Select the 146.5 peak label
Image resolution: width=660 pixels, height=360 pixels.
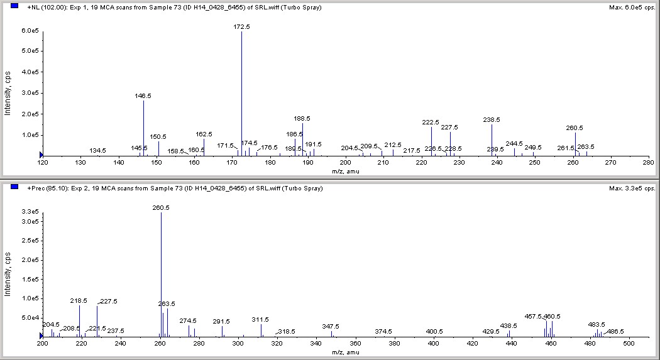click(143, 96)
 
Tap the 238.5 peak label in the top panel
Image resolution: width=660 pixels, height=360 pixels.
click(492, 119)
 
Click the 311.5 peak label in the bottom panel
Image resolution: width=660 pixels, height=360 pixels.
click(260, 320)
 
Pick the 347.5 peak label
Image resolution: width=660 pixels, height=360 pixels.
click(331, 327)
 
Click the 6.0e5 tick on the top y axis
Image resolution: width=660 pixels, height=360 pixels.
click(31, 31)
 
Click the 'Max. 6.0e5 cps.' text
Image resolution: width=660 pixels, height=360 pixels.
click(632, 8)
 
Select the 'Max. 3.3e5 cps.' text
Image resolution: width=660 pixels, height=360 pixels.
click(632, 188)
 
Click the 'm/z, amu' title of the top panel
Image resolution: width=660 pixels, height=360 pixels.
click(345, 171)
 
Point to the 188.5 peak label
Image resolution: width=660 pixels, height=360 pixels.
click(302, 118)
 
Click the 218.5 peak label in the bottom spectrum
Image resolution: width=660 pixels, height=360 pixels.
click(79, 301)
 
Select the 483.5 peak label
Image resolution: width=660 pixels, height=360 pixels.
click(597, 325)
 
